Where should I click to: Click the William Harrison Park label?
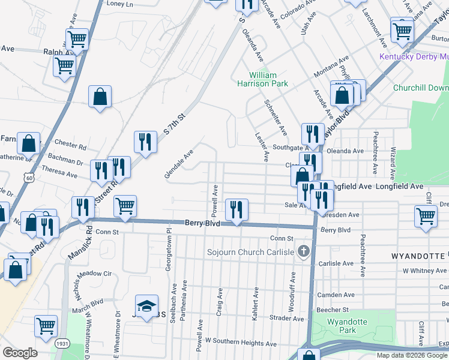pyautogui.click(x=269, y=79)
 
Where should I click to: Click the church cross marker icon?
pyautogui.click(x=304, y=251)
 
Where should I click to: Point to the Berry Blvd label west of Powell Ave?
pyautogui.click(x=200, y=223)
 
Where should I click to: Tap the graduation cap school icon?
pyautogui.click(x=146, y=306)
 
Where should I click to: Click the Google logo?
pyautogui.click(x=20, y=353)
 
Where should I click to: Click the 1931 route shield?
pyautogui.click(x=61, y=344)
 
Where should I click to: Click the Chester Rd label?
pyautogui.click(x=70, y=145)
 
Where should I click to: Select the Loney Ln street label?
pyautogui.click(x=120, y=4)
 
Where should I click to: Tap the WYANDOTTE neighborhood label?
pyautogui.click(x=418, y=256)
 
